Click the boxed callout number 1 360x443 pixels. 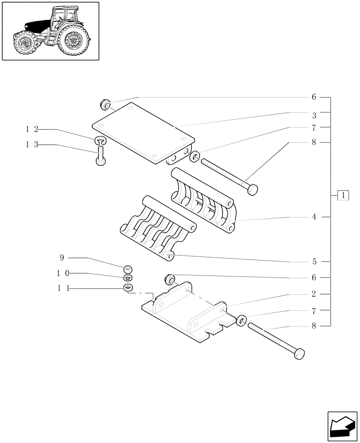[x=343, y=194]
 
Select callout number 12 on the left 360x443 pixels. [x=31, y=129]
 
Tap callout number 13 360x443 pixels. [x=31, y=145]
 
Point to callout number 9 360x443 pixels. [x=63, y=257]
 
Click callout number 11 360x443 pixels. [x=63, y=288]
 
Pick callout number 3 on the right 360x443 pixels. [x=313, y=115]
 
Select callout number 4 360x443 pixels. [x=313, y=217]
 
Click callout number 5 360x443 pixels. [x=313, y=261]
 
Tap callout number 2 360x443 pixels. [x=313, y=294]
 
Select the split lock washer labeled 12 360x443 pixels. [x=101, y=141]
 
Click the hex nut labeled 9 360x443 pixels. [x=128, y=268]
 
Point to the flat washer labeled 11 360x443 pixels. [x=128, y=288]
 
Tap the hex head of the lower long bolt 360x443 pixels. [x=300, y=354]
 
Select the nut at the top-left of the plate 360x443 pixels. [x=106, y=105]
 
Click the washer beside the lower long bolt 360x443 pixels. [x=242, y=320]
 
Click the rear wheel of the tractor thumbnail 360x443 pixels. [x=73, y=41]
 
